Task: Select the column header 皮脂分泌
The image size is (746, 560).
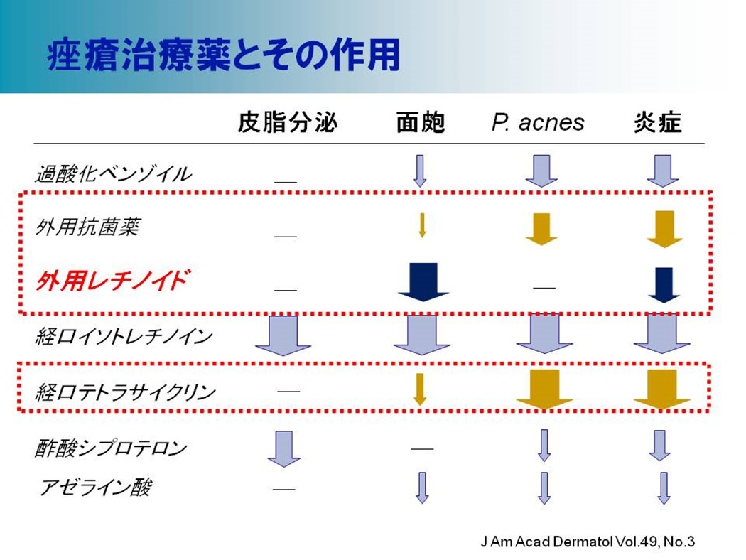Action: [x=288, y=122]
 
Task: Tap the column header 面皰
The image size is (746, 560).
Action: [x=421, y=123]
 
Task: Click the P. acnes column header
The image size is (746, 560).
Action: [x=538, y=123]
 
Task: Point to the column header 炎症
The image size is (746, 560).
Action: [x=657, y=123]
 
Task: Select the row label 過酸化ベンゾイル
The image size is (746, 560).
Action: [x=113, y=174]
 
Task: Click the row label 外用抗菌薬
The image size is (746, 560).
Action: [x=87, y=227]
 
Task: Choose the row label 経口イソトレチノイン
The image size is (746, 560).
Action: [x=124, y=337]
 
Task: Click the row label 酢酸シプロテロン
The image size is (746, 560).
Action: [x=111, y=448]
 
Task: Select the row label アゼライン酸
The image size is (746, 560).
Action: [x=95, y=488]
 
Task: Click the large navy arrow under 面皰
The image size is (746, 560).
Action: [x=423, y=281]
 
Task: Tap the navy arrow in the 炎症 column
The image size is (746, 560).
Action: [x=664, y=285]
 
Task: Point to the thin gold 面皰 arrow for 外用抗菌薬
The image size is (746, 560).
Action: [x=421, y=225]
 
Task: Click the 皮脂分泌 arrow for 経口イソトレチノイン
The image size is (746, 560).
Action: [x=283, y=335]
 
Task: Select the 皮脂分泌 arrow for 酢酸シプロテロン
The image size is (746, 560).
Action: [x=284, y=448]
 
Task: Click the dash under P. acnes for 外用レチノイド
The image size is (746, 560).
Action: [x=544, y=288]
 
